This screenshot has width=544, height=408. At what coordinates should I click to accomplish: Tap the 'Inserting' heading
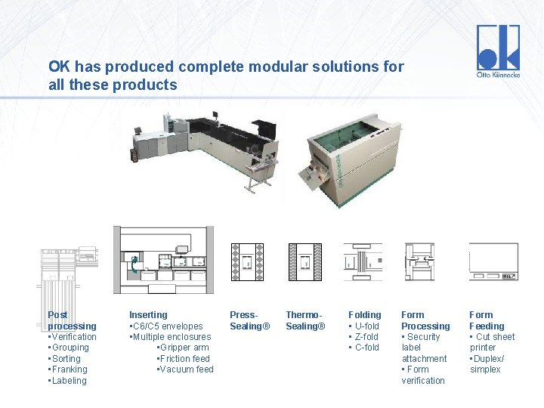click(x=148, y=315)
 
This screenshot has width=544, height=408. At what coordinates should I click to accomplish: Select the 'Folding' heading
click(x=364, y=315)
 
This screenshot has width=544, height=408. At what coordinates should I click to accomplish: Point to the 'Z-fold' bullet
click(x=366, y=337)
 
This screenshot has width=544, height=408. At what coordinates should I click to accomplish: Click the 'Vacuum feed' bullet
click(x=185, y=369)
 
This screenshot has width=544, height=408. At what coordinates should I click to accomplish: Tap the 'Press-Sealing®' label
click(x=249, y=320)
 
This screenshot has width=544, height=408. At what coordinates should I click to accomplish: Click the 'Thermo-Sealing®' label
click(x=305, y=320)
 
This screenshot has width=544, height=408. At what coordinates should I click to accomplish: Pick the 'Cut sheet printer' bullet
click(x=492, y=342)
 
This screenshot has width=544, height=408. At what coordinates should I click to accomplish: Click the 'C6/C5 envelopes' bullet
click(x=167, y=326)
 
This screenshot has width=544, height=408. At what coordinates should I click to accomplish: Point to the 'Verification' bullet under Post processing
click(x=73, y=337)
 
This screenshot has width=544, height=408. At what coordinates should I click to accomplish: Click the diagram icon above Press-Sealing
click(x=247, y=262)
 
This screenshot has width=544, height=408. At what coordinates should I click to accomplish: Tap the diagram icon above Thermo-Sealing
click(x=304, y=262)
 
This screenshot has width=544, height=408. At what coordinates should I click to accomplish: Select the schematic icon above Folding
click(x=363, y=262)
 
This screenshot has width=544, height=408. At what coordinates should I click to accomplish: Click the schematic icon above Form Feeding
click(x=493, y=262)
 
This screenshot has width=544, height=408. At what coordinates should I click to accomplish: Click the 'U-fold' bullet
click(x=366, y=326)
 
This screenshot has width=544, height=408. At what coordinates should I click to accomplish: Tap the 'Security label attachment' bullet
click(x=424, y=348)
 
